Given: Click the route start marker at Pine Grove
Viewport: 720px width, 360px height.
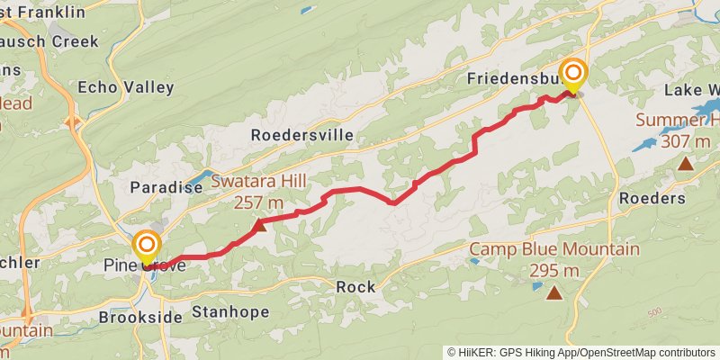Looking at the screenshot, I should tap(147, 247).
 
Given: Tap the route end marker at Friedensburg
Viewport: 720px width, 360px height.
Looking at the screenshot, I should tap(573, 74).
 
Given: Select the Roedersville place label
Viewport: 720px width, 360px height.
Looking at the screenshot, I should tap(302, 135).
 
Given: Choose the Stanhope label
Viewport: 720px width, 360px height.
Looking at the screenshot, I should tap(230, 312).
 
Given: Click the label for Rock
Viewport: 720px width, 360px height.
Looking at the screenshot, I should tap(355, 287).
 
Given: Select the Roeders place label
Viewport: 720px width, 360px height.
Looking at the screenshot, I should tap(652, 198).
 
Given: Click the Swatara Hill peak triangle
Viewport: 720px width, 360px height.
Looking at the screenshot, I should tap(259, 225).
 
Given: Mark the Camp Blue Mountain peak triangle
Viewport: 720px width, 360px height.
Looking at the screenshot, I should tap(554, 292).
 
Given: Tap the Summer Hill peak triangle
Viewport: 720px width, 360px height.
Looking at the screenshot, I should tap(686, 163).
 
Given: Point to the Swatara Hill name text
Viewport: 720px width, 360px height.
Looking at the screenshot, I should tap(259, 181).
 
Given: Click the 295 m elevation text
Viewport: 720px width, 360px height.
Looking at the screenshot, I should tap(553, 270).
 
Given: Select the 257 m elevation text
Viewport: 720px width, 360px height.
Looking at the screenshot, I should tap(259, 202).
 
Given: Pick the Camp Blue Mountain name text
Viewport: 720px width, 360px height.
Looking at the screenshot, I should tap(554, 249).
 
